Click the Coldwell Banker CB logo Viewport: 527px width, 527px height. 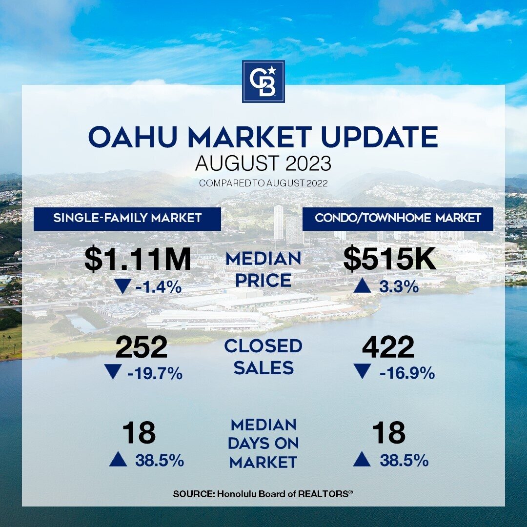pos(263,81)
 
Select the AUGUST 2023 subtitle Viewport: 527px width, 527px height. pos(263,163)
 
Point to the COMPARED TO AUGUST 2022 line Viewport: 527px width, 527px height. pos(263,183)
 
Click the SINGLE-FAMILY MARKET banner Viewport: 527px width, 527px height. pos(127,219)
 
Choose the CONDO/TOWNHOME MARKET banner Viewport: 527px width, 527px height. pos(398,219)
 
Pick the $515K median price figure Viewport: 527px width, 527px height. pos(390,259)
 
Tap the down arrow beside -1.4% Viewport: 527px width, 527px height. pos(122,287)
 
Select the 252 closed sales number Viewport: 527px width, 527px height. pos(141,347)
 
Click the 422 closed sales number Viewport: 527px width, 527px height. pos(388,347)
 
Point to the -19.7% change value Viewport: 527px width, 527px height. pos(155,373)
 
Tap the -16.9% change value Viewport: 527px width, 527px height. pos(407,373)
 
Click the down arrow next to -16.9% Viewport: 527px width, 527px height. pos(362,371)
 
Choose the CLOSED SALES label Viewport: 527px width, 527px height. pos(263,357)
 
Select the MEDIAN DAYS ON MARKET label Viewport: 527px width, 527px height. pos(263,443)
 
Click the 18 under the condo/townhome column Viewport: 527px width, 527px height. pos(389,433)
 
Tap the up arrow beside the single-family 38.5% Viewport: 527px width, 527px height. pos(118,460)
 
